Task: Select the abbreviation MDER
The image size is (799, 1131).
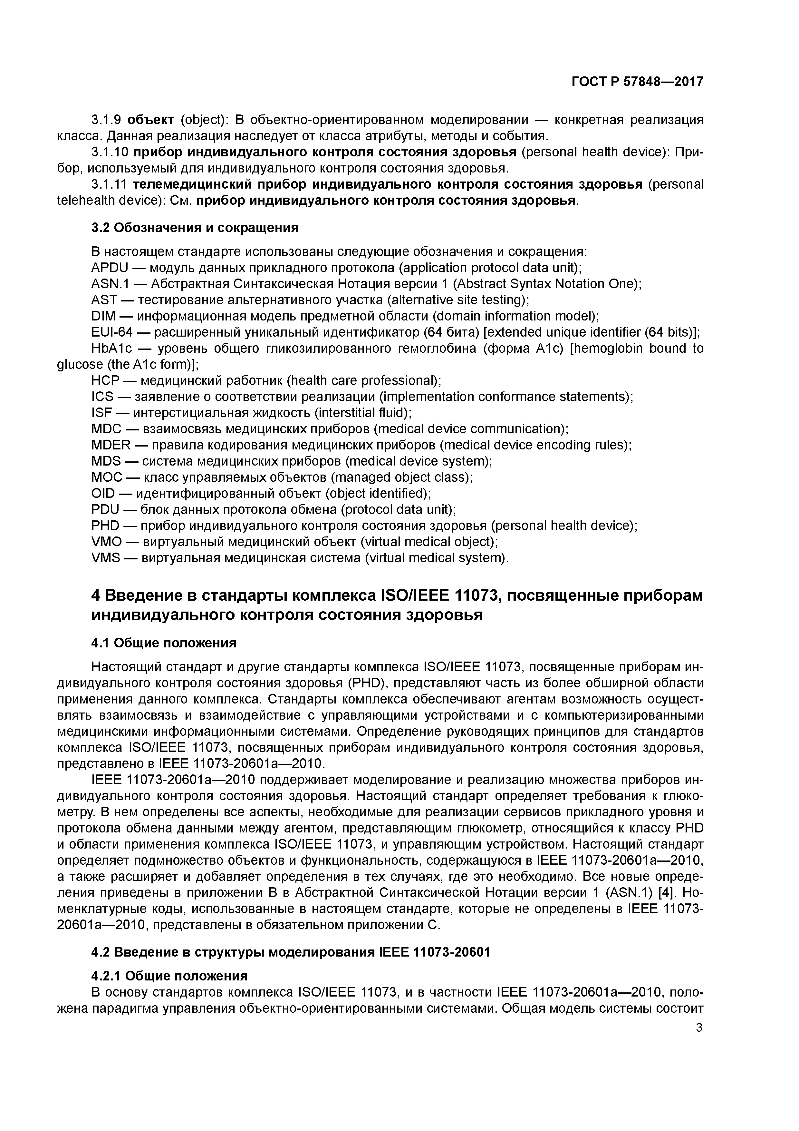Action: (111, 445)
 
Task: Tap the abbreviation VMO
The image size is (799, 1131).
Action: (106, 542)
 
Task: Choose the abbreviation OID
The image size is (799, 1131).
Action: (103, 493)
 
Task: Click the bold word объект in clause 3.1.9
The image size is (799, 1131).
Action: (150, 120)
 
